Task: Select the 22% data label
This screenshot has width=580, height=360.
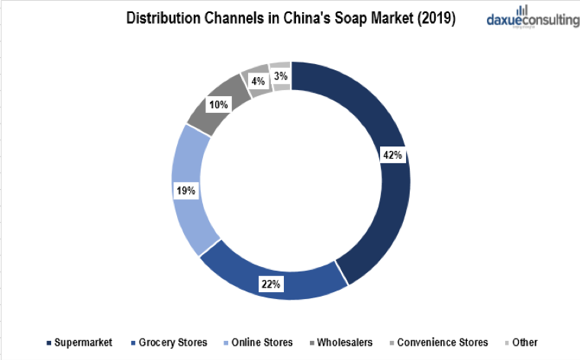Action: (271, 284)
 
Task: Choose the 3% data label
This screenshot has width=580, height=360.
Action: (280, 76)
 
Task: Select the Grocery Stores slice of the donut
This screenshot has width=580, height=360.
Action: (275, 271)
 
